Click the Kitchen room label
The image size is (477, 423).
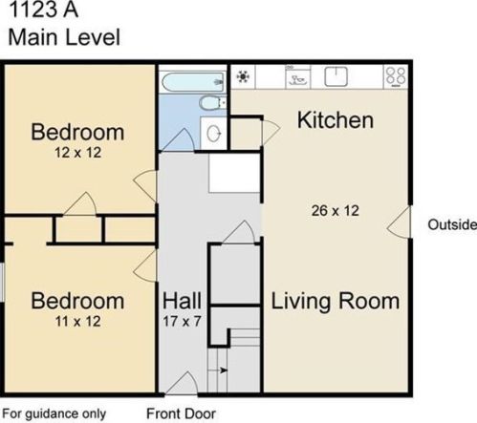[x=336, y=120]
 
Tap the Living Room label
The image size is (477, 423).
[x=336, y=302]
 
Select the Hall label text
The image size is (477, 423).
[x=182, y=301]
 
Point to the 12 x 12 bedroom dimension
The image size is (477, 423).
[x=78, y=153]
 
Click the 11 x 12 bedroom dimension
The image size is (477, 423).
[x=78, y=321]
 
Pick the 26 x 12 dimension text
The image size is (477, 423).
[x=336, y=211]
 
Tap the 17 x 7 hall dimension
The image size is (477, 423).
[x=182, y=321]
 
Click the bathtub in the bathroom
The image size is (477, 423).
[x=193, y=82]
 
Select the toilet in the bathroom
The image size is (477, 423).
[x=212, y=103]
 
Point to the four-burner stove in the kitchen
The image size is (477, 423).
[x=396, y=76]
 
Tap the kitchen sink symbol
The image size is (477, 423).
[x=336, y=76]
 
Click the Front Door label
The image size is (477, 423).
[x=181, y=413]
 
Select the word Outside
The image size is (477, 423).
[x=452, y=224]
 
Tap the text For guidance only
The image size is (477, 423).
[x=54, y=414]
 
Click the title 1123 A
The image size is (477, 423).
[x=43, y=10]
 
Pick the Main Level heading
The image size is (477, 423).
[x=64, y=37]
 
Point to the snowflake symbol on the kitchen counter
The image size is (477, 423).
[x=243, y=76]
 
